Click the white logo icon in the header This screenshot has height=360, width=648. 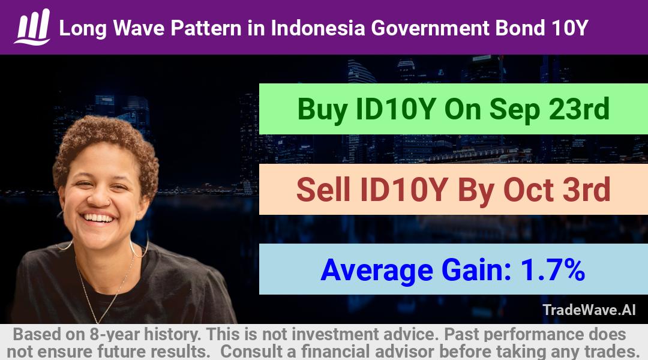coord(32,26)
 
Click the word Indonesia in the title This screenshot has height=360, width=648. coord(318,28)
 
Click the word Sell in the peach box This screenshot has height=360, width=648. coord(323,189)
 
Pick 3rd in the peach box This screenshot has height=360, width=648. coord(587,189)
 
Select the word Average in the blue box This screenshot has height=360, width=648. coord(376,271)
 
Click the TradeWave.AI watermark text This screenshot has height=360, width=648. coord(589,310)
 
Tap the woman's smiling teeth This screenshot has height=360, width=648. coord(98,218)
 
